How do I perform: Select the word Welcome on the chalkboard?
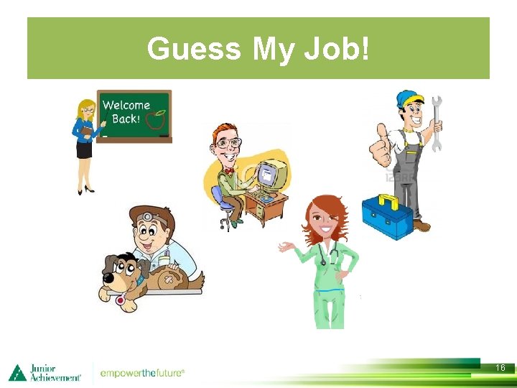pyautogui.click(x=126, y=106)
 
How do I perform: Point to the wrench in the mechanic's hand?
pyautogui.click(x=436, y=122)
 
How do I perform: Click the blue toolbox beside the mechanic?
pyautogui.click(x=387, y=215)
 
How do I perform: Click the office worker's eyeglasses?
pyautogui.click(x=228, y=143)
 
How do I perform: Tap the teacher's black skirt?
pyautogui.click(x=85, y=150)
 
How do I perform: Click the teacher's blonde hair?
pyautogui.click(x=85, y=106)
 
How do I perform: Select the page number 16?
pyautogui.click(x=500, y=367)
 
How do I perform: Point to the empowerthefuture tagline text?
pyautogui.click(x=142, y=373)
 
